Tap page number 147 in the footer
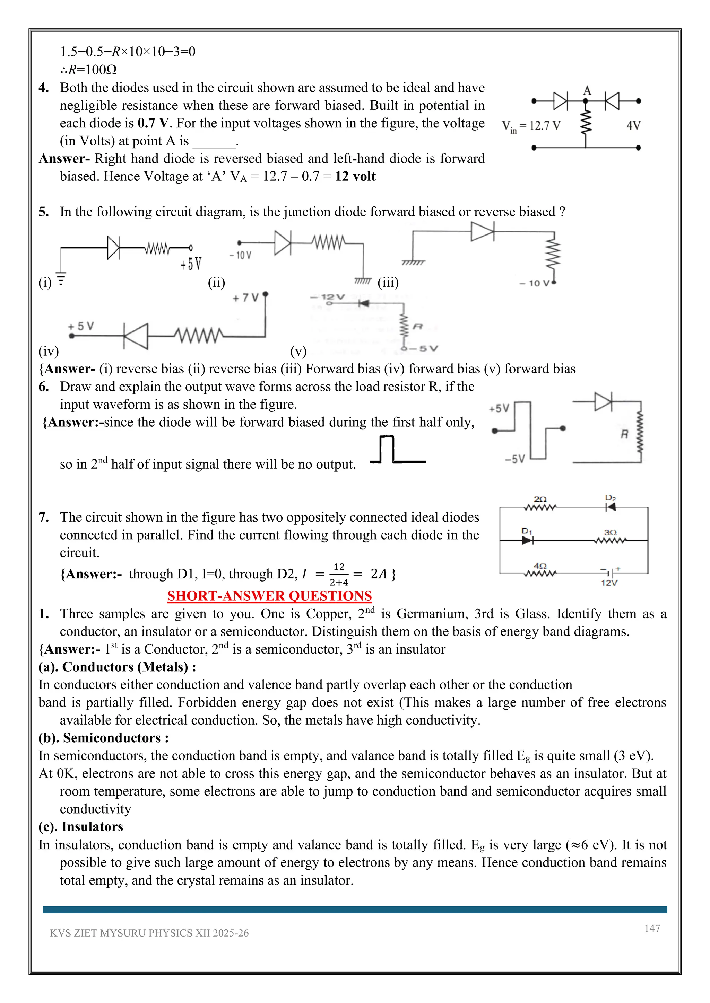pyautogui.click(x=652, y=928)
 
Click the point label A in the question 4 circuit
pyautogui.click(x=587, y=90)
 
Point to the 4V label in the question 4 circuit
pyautogui.click(x=633, y=126)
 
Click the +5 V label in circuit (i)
pyautogui.click(x=191, y=264)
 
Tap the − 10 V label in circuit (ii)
pyautogui.click(x=241, y=256)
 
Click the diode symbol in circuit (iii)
pyautogui.click(x=482, y=232)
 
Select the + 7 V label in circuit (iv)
pyautogui.click(x=246, y=298)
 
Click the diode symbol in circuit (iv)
pyautogui.click(x=136, y=336)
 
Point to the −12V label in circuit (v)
pyautogui.click(x=328, y=297)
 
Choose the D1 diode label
pyautogui.click(x=527, y=531)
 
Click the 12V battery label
pyautogui.click(x=609, y=583)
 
